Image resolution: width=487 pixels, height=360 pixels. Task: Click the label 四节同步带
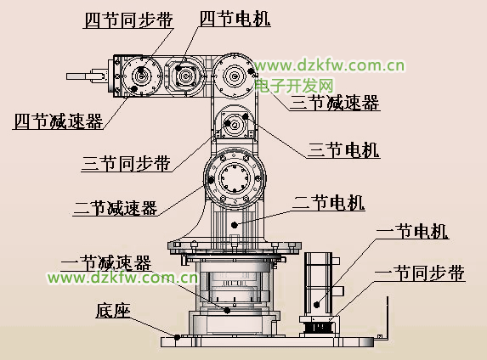pos(128,20)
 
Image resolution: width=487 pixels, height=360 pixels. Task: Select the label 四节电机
pos(235,19)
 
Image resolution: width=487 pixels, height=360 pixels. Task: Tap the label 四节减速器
pos(59,121)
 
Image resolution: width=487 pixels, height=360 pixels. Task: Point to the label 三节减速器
pos(335,103)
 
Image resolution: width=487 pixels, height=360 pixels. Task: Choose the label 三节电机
pos(343,150)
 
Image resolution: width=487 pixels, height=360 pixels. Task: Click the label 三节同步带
pos(127,163)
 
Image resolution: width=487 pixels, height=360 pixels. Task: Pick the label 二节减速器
pos(116,208)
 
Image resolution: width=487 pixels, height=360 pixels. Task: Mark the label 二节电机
pos(328,203)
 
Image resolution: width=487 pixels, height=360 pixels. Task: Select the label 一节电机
pos(412,232)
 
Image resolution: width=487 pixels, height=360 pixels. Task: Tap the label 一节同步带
pos(420,273)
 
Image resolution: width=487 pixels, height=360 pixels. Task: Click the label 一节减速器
pos(106,263)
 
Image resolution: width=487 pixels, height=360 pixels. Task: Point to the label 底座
pos(113,310)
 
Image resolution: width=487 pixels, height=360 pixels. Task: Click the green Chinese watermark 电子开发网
pos(294,86)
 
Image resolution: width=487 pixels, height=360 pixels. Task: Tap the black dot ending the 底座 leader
pos(177,337)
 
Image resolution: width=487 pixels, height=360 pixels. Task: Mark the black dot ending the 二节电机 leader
pos(235,225)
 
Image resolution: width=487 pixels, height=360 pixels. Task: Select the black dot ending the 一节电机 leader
pos(316,305)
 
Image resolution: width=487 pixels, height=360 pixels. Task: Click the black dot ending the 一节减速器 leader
pos(227,310)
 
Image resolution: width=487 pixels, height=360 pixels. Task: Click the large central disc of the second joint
pos(235,178)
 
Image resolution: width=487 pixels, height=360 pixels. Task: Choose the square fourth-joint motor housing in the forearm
pos(186,76)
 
